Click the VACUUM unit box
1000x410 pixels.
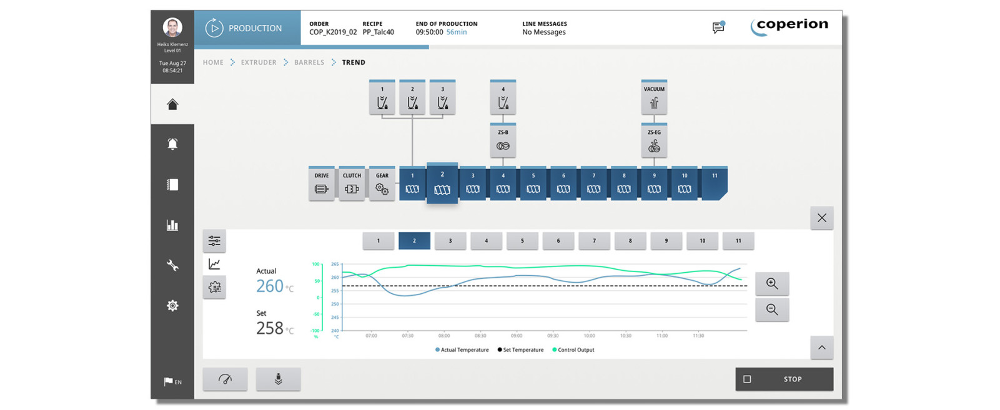point(654,97)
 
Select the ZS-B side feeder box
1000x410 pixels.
point(503,140)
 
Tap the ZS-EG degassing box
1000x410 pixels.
point(654,140)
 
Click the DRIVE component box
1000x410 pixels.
point(322,184)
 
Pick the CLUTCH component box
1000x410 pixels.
point(352,184)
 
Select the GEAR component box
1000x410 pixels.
point(382,184)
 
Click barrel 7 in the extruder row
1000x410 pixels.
point(593,183)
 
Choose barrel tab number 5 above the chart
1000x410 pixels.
point(522,241)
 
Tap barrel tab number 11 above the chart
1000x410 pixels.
point(738,241)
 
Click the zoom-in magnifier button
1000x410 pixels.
point(772,284)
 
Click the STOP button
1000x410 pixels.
point(784,379)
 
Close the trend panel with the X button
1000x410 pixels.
point(821,218)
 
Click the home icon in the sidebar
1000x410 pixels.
point(172,104)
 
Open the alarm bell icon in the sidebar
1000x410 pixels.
point(172,144)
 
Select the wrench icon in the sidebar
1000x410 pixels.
point(172,265)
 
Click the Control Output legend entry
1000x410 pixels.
point(574,350)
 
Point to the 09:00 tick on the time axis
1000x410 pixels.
point(517,336)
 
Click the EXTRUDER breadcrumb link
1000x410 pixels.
point(259,62)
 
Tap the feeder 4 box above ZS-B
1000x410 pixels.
point(503,97)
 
